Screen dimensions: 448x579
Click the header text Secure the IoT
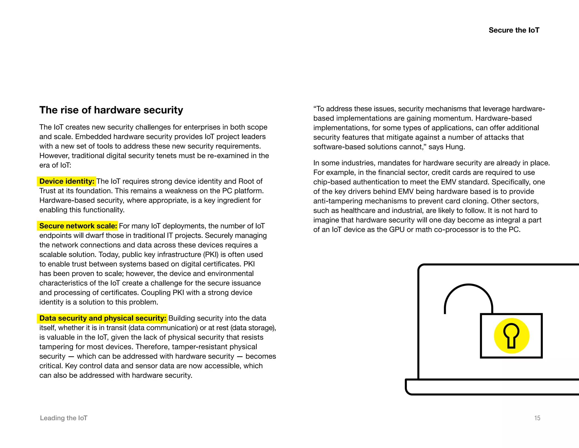point(514,30)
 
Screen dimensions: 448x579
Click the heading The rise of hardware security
point(111,110)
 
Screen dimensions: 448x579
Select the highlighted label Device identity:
point(67,181)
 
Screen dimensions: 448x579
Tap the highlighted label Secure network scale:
point(78,226)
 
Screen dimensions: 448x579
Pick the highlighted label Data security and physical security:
point(103,318)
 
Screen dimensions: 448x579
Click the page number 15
point(537,418)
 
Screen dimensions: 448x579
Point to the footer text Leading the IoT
point(64,418)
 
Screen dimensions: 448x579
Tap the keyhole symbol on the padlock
point(511,335)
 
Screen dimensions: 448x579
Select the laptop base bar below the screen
point(492,387)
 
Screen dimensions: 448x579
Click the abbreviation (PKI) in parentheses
point(211,255)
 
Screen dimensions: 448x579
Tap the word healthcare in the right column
point(358,211)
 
